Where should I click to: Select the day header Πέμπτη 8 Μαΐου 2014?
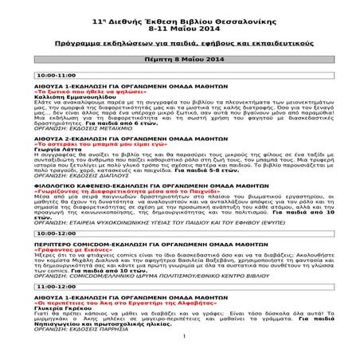[x=180, y=57]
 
